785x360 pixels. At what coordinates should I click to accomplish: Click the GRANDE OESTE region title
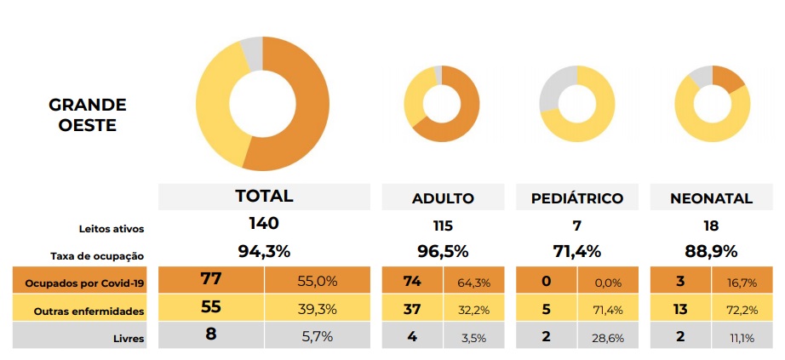pyautogui.click(x=88, y=115)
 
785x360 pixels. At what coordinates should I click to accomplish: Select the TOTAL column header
pyautogui.click(x=264, y=196)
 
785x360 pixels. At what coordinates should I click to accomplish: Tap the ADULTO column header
pyautogui.click(x=443, y=198)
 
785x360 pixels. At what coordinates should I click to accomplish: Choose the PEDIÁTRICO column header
pyautogui.click(x=577, y=198)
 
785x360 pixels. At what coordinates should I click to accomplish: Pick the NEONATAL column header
pyautogui.click(x=711, y=198)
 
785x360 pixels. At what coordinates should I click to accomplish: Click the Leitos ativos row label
pyautogui.click(x=112, y=228)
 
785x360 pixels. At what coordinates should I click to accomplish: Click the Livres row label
pyautogui.click(x=129, y=338)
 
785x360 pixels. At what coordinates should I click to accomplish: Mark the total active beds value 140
pyautogui.click(x=264, y=224)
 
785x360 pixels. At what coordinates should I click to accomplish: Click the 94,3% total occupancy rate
pyautogui.click(x=264, y=252)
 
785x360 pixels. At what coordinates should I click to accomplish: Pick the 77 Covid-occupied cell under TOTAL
pyautogui.click(x=211, y=280)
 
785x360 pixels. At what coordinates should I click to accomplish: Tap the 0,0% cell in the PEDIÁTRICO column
pyautogui.click(x=607, y=282)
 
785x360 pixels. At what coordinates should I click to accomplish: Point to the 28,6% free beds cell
pyautogui.click(x=607, y=338)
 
